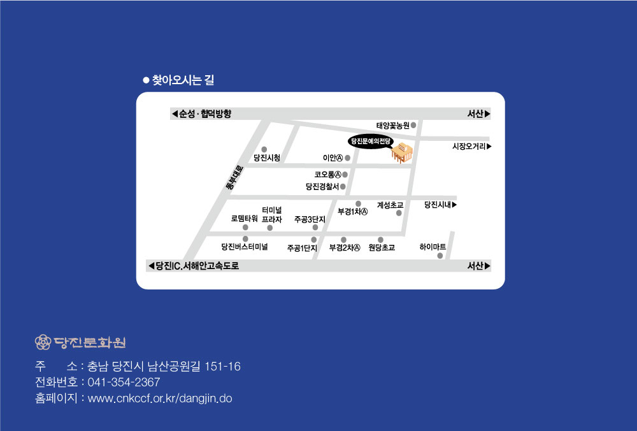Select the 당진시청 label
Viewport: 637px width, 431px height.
(x=266, y=157)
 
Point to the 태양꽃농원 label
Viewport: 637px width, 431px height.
(x=392, y=126)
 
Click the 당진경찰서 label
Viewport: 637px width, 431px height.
(x=322, y=187)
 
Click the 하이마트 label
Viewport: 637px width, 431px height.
(x=433, y=247)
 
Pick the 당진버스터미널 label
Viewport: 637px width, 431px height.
(x=245, y=247)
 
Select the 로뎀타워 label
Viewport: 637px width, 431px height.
(x=244, y=218)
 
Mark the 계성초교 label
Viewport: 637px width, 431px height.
(x=390, y=205)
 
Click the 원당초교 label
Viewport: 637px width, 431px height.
(x=382, y=247)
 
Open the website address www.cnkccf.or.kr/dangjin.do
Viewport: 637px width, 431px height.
(x=160, y=398)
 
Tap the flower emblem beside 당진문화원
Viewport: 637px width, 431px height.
(x=43, y=342)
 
